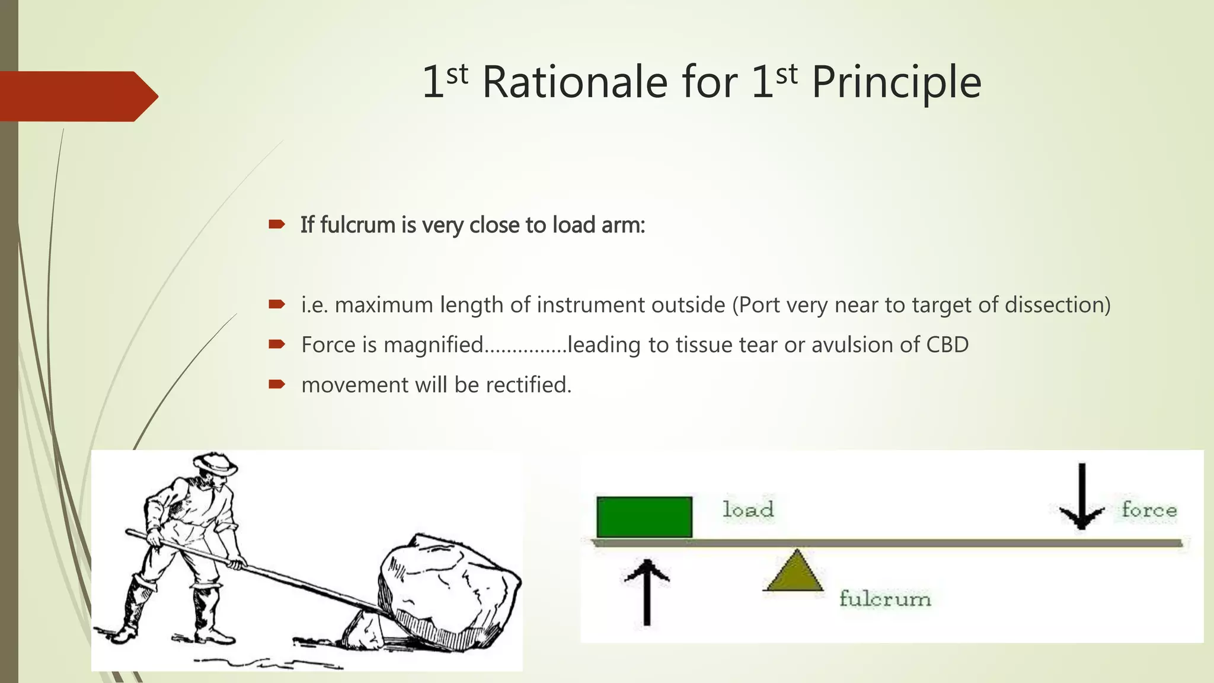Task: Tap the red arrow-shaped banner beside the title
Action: [x=77, y=96]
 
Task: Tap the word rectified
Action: [x=528, y=385]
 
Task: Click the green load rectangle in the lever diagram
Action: [x=644, y=517]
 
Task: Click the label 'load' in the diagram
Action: [x=748, y=510]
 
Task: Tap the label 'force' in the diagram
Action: [x=1149, y=510]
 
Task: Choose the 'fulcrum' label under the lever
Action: [x=885, y=599]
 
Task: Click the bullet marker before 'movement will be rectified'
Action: [x=277, y=385]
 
